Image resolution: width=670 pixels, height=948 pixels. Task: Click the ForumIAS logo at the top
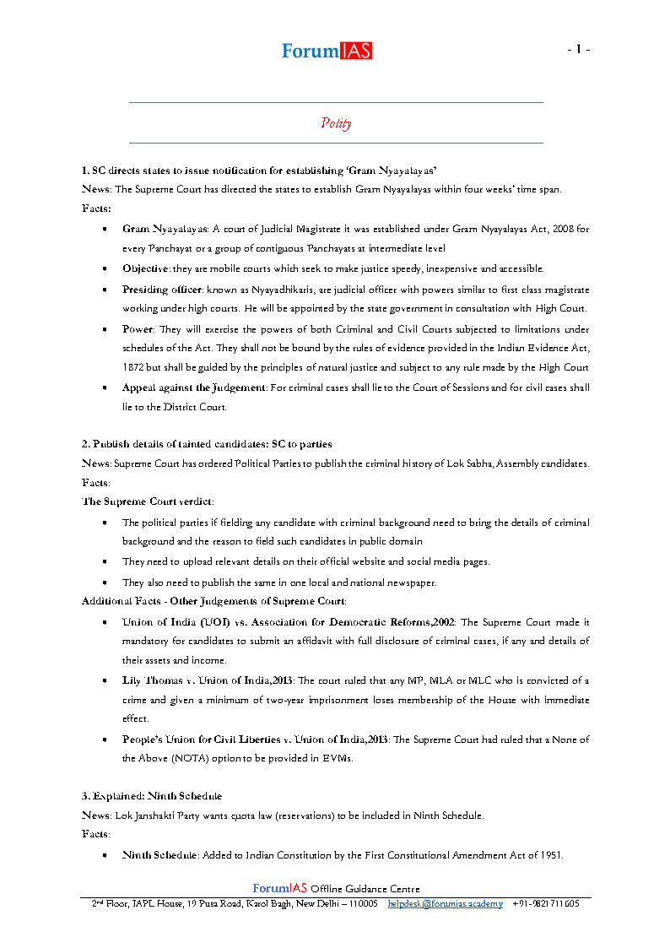coord(327,51)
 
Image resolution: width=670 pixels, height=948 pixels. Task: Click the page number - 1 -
coord(578,50)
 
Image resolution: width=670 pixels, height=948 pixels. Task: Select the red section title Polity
coord(336,123)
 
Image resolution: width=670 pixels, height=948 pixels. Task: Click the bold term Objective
coord(145,268)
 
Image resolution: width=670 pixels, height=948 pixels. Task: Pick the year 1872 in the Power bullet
coord(136,368)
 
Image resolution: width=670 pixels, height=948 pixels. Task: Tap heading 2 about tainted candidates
coord(207,444)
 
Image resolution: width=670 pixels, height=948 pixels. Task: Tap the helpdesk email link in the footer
coord(445,903)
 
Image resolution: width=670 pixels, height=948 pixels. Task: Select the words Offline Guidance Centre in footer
coord(365,889)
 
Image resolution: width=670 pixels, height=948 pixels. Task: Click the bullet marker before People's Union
coord(103,739)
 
